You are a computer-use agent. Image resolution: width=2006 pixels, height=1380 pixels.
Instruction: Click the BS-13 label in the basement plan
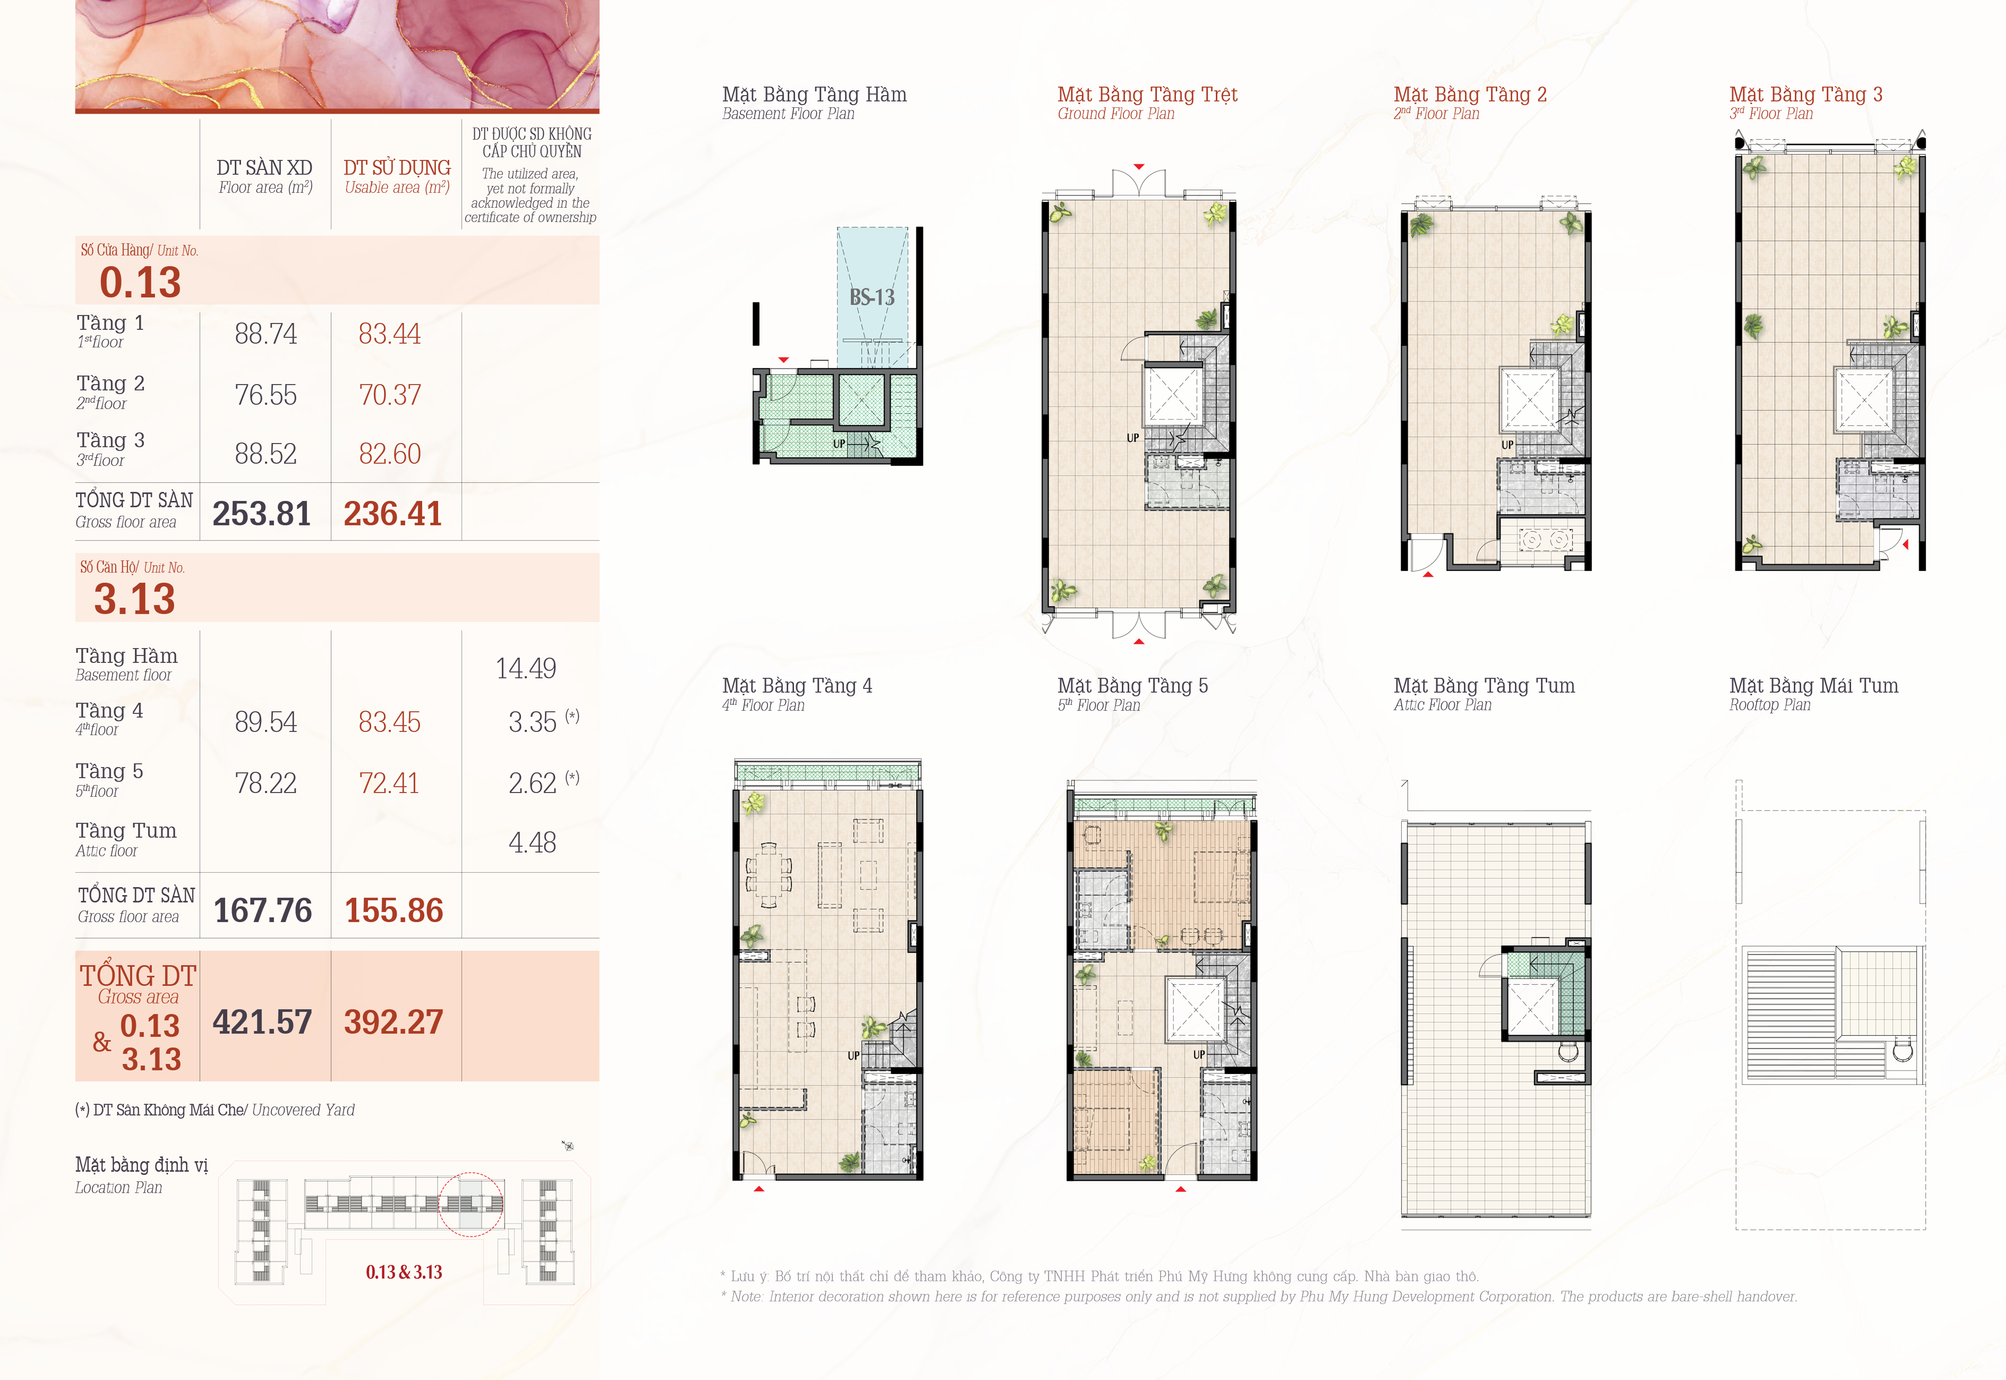[872, 298]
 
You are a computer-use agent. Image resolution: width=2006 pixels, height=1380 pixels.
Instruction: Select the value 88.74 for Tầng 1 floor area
[265, 334]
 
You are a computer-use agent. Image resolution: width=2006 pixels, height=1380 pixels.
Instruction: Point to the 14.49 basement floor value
[526, 668]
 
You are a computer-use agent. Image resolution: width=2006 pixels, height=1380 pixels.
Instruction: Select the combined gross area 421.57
[262, 1022]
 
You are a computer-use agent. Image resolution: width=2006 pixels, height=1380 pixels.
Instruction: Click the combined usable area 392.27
[393, 1022]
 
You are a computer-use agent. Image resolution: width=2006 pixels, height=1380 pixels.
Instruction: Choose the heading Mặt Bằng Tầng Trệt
[1148, 94]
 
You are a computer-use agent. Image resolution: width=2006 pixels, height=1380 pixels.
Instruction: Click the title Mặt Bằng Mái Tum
[1813, 686]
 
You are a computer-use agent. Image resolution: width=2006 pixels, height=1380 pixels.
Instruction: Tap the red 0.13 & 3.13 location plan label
[404, 1272]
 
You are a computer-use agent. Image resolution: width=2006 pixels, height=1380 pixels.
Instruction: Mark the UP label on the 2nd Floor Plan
[1507, 444]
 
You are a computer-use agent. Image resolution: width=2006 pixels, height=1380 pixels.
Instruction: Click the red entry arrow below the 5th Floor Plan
[1180, 1189]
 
